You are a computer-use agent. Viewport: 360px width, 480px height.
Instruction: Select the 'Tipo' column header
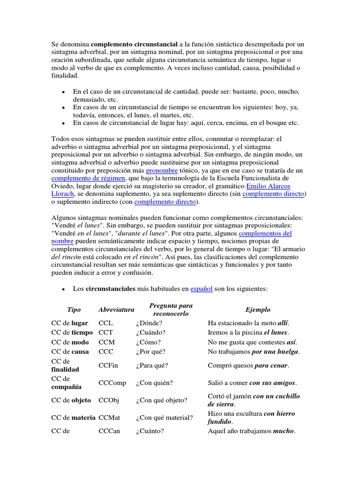coord(74,310)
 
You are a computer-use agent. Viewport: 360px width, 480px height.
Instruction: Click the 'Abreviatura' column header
coord(116,310)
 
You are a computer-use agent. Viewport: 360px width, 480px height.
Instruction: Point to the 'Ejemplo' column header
coord(258,310)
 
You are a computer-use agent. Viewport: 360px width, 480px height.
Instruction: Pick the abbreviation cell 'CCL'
coord(106,323)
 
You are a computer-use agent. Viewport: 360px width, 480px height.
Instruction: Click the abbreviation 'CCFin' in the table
coord(108,365)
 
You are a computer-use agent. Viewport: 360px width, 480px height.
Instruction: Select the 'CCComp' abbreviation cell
coord(112,383)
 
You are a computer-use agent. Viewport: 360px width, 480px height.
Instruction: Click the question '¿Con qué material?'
coord(165,418)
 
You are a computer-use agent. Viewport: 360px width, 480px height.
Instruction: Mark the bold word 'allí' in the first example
coord(283,323)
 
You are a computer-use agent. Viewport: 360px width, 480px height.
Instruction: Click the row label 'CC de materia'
coord(73,418)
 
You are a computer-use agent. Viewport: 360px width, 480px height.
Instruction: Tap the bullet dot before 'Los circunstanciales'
coord(63,289)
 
